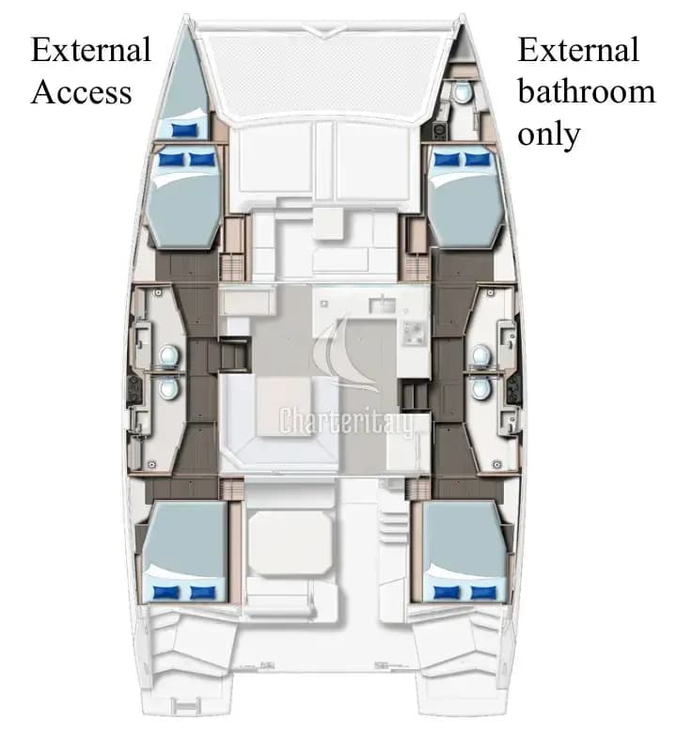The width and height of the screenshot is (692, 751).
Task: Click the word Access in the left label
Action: pos(82,92)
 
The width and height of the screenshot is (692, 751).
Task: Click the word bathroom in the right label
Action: pos(586,91)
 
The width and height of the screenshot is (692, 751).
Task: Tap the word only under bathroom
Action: pos(549,134)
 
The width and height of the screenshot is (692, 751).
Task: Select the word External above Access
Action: pos(91,49)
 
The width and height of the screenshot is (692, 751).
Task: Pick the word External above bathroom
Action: pos(578,49)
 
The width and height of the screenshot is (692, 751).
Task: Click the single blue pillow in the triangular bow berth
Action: pos(184,130)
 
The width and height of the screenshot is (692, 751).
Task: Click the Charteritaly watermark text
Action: pos(345,421)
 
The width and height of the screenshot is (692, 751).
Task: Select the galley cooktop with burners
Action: pos(415,334)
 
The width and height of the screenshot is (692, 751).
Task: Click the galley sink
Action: pos(382,304)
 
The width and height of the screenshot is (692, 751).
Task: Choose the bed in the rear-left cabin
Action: pos(185,552)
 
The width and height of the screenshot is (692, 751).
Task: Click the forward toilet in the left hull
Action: pos(169,356)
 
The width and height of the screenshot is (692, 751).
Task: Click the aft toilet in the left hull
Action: pos(169,388)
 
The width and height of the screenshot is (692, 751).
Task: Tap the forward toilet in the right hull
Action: pos(481,356)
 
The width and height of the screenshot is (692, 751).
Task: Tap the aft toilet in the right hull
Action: pos(481,388)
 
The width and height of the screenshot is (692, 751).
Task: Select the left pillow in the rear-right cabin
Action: pos(447,592)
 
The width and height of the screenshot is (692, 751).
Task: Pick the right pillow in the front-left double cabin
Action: pos(203,159)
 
